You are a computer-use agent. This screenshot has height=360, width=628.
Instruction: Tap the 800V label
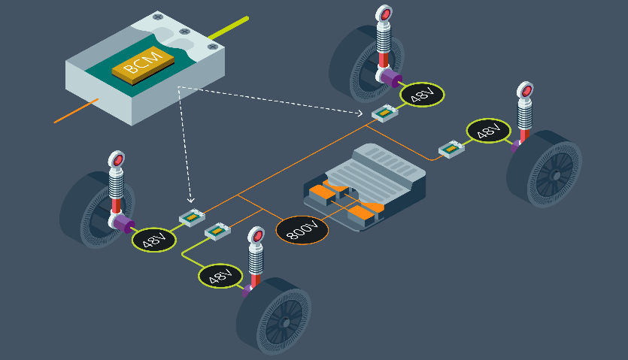(302, 230)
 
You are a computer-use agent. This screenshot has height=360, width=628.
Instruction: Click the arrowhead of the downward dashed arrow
(190, 201)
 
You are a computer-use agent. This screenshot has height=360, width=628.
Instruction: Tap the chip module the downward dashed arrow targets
(192, 219)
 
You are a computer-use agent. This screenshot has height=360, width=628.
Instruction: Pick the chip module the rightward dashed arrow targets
(385, 113)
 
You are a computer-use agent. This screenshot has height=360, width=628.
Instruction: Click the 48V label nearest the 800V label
(220, 276)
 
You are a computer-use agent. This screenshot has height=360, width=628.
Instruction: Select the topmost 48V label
(422, 95)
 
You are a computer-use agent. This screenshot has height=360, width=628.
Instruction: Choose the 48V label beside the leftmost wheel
(154, 240)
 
